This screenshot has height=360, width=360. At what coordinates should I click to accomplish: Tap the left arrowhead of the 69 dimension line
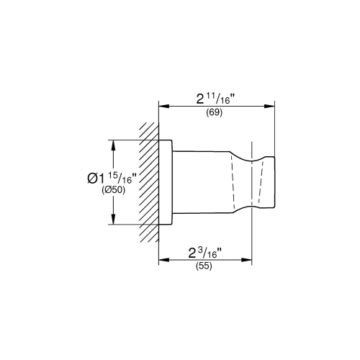pyautogui.click(x=163, y=106)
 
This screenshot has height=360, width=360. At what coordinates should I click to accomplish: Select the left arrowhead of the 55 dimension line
pyautogui.click(x=163, y=258)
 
